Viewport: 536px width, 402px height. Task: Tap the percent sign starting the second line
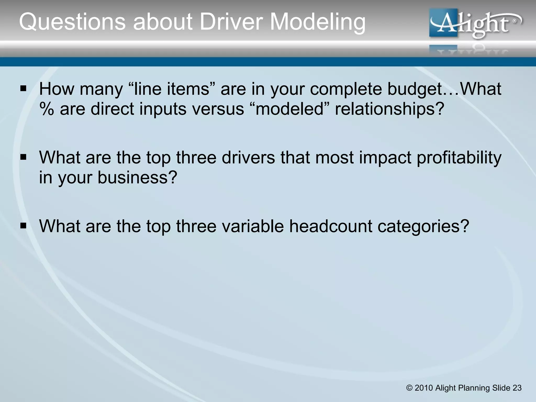47,109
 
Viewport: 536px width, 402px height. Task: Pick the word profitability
459,158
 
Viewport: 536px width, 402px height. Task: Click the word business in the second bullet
137,177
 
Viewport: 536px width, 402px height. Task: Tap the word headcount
330,226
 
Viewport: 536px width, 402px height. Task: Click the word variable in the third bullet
253,226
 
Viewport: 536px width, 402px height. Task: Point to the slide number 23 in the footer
517,388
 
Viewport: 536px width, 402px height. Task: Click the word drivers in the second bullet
248,158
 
